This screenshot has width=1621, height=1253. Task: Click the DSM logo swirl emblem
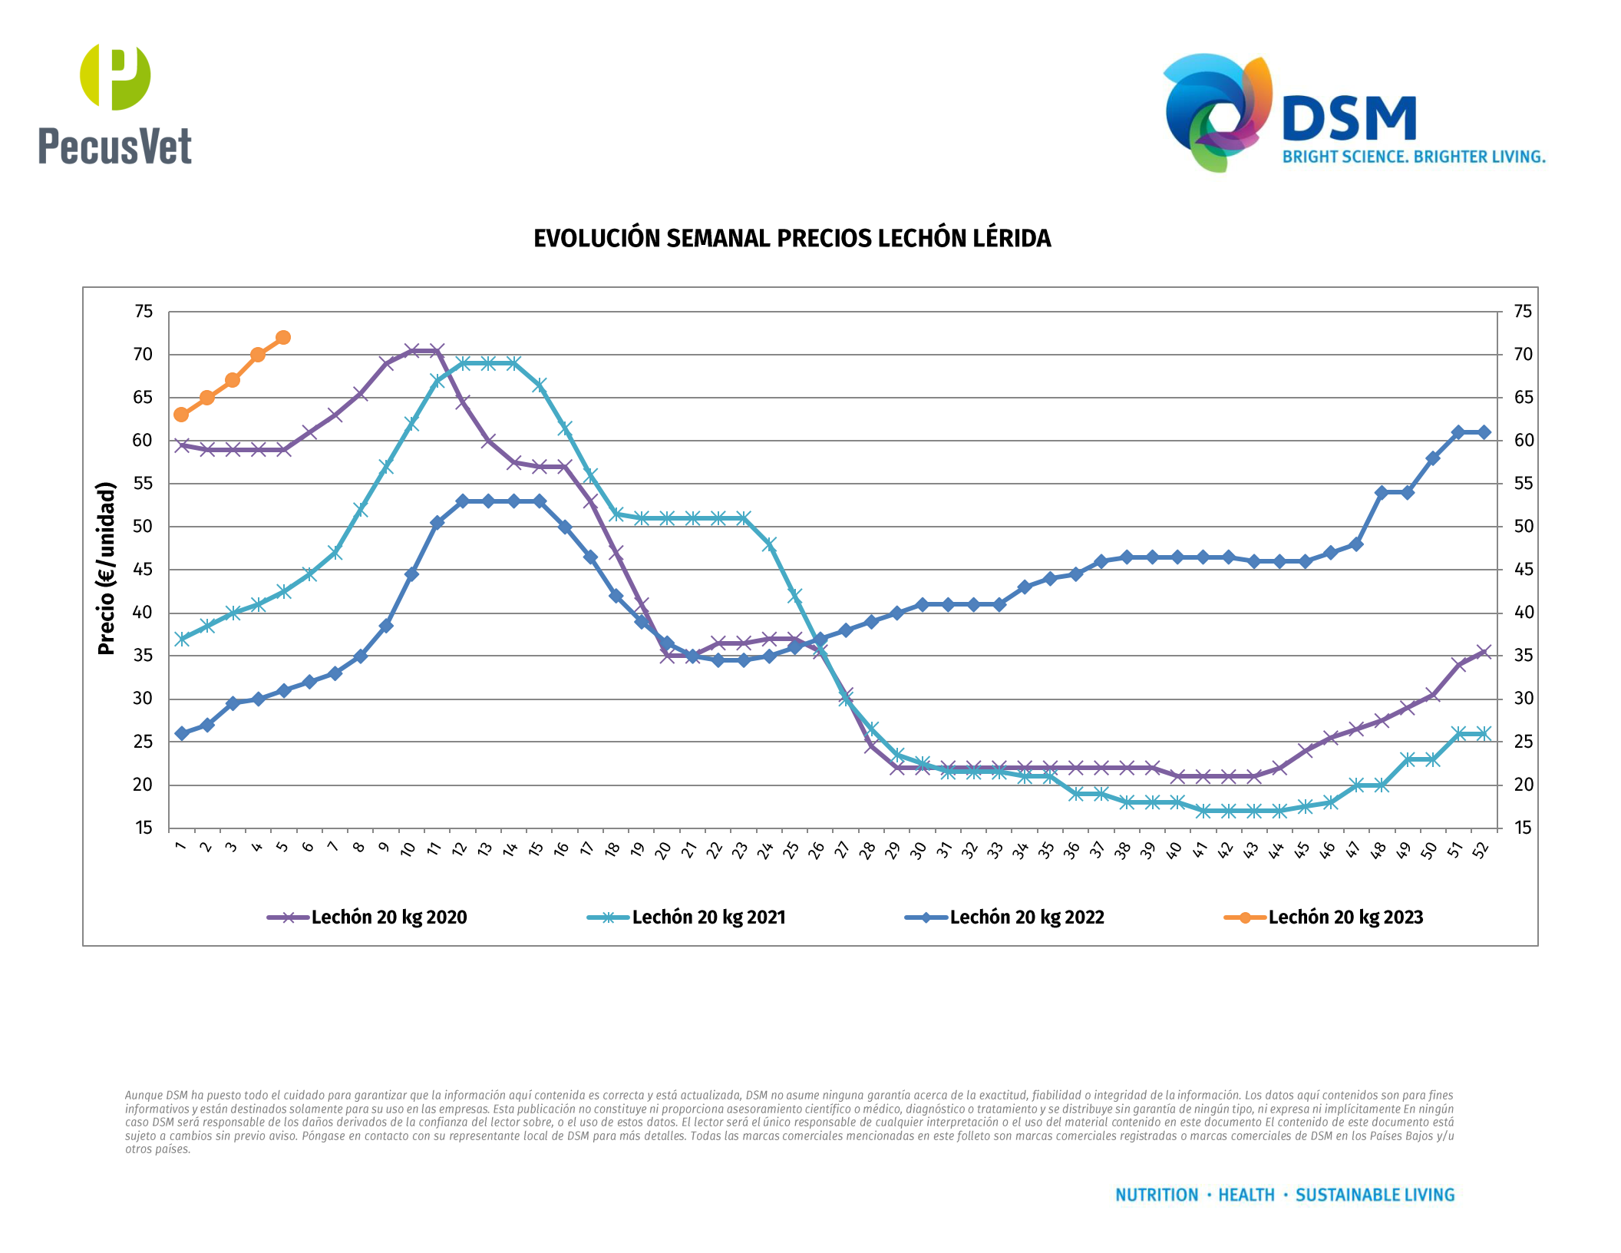coord(1217,111)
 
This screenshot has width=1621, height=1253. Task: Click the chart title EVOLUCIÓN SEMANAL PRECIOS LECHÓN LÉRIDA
coord(792,239)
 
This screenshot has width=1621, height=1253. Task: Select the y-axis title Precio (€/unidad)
coord(106,568)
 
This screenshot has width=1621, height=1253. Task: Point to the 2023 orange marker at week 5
coord(283,338)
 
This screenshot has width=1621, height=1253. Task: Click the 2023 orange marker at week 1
coord(181,415)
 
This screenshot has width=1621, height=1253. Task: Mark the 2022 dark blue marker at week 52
coord(1484,432)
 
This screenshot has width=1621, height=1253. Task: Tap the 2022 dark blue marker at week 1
coord(181,733)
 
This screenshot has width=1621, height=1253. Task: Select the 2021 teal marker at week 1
coord(181,639)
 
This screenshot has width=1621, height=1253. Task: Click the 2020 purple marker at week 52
coord(1484,652)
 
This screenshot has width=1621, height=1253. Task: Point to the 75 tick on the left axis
coord(144,312)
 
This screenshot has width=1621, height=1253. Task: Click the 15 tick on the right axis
coord(1523,828)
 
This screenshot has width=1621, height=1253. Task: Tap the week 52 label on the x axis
coord(1481,849)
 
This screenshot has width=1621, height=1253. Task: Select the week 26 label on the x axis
coord(817,849)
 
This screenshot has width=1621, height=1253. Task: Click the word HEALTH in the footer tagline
coord(1246,1195)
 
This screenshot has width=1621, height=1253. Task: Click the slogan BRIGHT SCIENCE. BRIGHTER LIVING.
coord(1414,157)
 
